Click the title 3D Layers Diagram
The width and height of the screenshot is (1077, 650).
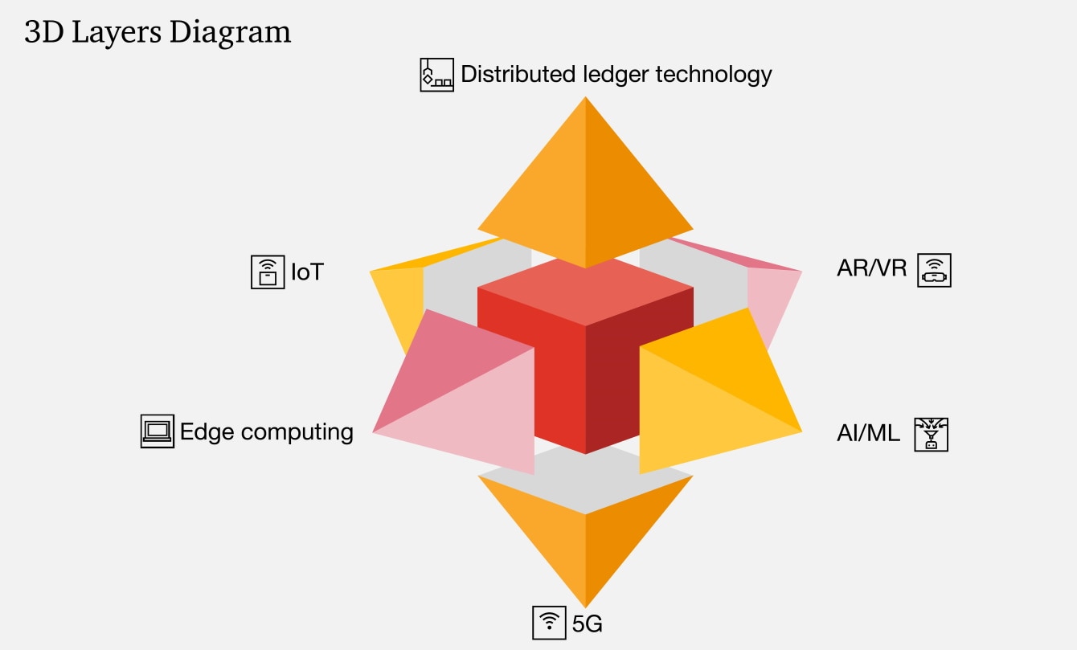point(158,32)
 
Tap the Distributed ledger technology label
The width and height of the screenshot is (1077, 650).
point(616,75)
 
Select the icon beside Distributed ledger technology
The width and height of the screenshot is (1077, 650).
point(436,75)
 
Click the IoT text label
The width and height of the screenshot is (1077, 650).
point(306,272)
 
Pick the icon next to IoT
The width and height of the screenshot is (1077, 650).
point(268,272)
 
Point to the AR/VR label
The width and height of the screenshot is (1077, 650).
point(871,269)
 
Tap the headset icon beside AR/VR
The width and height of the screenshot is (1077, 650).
point(934,270)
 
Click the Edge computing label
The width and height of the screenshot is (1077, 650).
point(266,431)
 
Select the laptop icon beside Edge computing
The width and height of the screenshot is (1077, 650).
point(157,431)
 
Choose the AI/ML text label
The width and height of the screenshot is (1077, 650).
point(868,435)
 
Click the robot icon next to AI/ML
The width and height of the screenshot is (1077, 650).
point(932,434)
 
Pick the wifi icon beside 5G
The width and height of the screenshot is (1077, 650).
point(550,622)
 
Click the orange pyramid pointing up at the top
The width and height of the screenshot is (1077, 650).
point(585,193)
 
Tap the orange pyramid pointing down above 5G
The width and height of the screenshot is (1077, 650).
point(585,538)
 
